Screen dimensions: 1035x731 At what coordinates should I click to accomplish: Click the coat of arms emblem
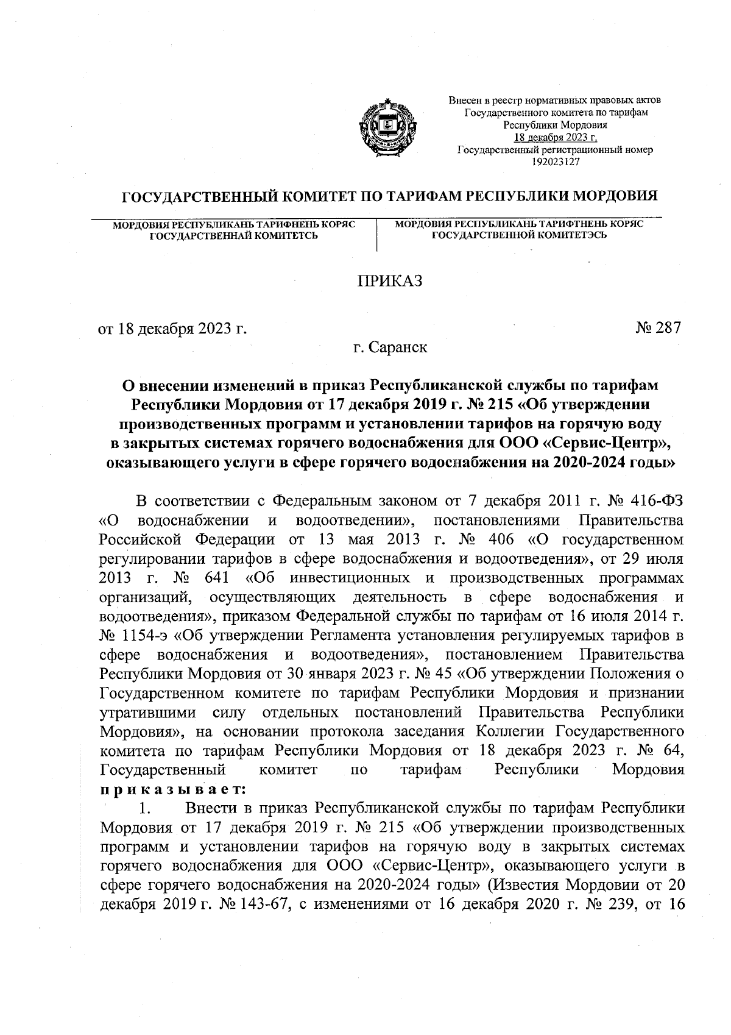click(387, 126)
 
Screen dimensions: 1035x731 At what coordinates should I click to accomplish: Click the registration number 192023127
click(555, 162)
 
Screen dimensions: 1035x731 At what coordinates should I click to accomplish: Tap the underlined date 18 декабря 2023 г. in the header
click(555, 137)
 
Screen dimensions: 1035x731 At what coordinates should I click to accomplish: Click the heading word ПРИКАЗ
click(389, 281)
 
